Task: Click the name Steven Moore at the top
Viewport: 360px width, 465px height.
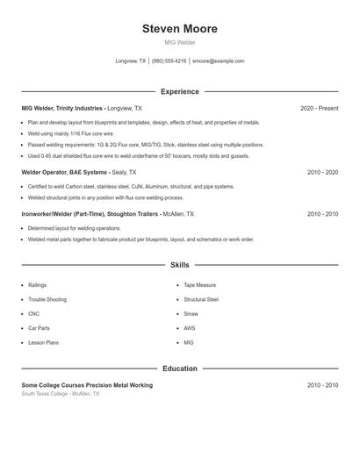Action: click(x=180, y=29)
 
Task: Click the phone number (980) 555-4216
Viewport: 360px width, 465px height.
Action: click(x=169, y=61)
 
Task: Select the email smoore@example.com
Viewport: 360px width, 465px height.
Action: click(x=218, y=61)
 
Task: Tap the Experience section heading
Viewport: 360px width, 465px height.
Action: click(x=180, y=91)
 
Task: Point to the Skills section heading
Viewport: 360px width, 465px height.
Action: click(x=180, y=264)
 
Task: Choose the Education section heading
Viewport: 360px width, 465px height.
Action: click(x=180, y=368)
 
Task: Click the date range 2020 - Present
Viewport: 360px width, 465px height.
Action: click(x=319, y=108)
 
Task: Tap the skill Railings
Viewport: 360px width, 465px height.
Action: click(x=38, y=285)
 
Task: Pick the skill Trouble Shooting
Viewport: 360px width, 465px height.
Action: click(x=46, y=299)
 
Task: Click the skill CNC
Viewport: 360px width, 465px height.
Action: click(x=34, y=313)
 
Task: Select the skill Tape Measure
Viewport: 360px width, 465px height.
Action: click(x=200, y=285)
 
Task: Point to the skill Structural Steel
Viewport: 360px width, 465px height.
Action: click(x=201, y=299)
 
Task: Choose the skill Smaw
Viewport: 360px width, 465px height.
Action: click(x=191, y=313)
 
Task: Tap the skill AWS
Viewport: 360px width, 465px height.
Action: click(x=190, y=327)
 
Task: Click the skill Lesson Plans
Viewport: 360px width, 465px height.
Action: click(x=43, y=342)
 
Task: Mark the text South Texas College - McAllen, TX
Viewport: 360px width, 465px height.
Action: click(x=61, y=394)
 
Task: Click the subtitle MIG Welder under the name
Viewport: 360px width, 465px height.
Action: click(x=180, y=42)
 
